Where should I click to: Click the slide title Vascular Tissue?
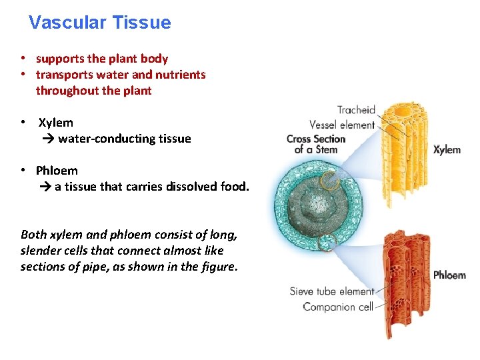click(100, 23)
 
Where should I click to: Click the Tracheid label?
click(356, 110)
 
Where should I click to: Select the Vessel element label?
click(342, 125)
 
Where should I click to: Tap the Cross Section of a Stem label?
click(316, 144)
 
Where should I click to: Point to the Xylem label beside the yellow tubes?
click(447, 149)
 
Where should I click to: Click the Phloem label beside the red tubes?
click(449, 275)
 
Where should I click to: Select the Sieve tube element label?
click(331, 291)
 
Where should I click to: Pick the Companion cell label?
click(337, 307)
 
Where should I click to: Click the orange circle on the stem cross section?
click(329, 180)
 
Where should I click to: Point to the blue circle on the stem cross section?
click(327, 243)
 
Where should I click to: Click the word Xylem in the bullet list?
click(56, 123)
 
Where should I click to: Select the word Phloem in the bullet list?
click(57, 171)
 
